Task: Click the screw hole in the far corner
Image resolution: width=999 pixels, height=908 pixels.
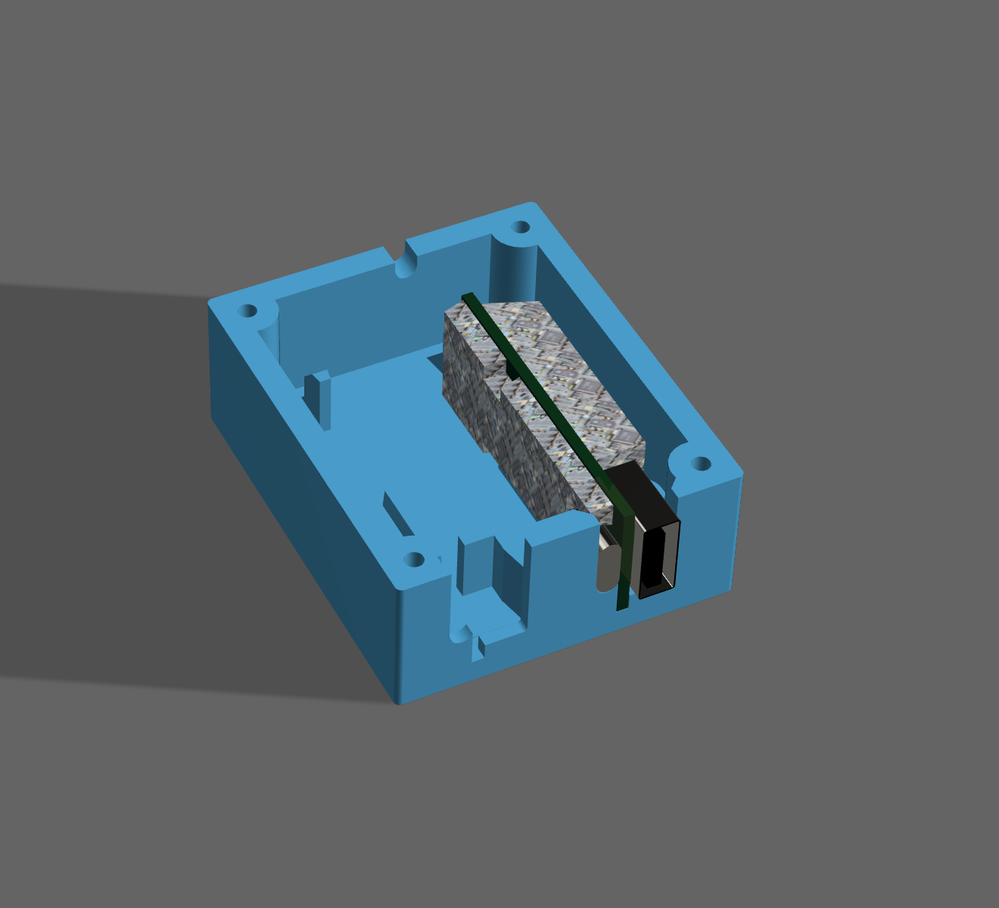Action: (x=521, y=227)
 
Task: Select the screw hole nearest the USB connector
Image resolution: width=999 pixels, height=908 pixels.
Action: (x=701, y=463)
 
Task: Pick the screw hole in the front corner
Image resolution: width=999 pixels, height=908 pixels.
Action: (x=413, y=560)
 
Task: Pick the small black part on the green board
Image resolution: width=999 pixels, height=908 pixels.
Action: (x=511, y=371)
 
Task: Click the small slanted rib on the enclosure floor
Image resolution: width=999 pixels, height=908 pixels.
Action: (x=397, y=515)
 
